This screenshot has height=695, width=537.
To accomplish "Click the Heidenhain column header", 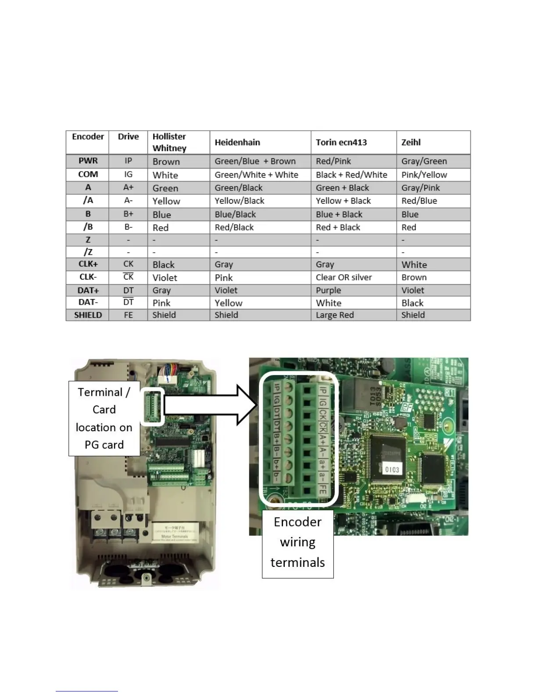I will point(237,142).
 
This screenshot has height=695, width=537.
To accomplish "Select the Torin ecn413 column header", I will point(341,142).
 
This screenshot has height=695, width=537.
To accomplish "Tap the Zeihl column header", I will point(411,142).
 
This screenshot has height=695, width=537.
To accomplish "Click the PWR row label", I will point(88,161).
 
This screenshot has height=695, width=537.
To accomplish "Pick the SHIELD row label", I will point(88,315).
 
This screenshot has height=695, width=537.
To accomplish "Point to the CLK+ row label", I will point(88,264).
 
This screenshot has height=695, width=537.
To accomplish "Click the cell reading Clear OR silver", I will point(344,277).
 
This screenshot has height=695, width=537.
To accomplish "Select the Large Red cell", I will point(334,315).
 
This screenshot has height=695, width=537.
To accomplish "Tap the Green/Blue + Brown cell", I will point(255,161).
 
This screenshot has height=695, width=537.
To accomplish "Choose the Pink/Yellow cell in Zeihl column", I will point(424,175).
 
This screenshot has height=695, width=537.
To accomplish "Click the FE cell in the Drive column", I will point(128,315).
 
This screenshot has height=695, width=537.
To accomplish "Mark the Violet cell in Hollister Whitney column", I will point(165,278).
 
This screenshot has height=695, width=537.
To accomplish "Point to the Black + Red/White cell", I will point(351,175).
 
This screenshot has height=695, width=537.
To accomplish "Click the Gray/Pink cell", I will point(420,188).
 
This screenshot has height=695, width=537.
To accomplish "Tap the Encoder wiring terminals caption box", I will point(297,543).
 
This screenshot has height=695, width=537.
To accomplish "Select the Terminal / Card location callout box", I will point(104,418).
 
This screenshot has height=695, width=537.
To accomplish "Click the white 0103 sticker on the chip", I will point(392,469).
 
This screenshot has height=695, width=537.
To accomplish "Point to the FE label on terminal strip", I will point(322,490).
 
